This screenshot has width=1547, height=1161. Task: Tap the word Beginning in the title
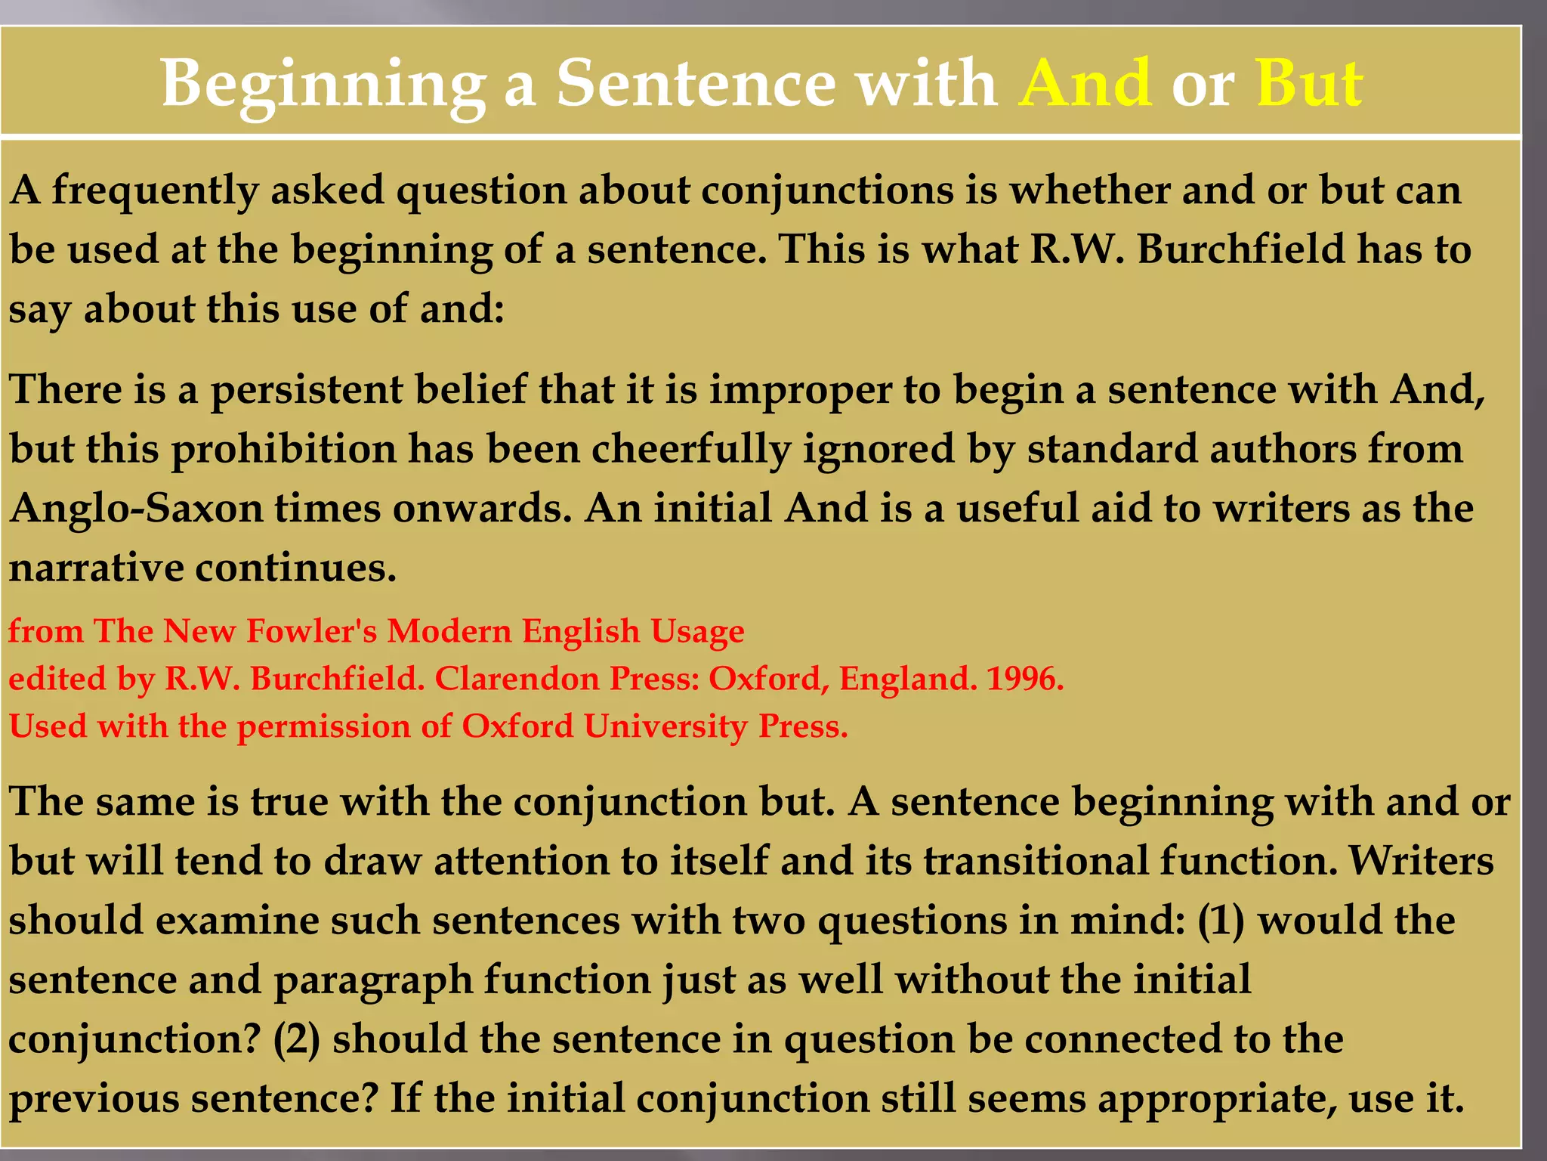point(324,85)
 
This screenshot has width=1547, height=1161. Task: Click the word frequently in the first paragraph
point(155,190)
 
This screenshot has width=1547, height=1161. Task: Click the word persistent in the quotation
point(306,390)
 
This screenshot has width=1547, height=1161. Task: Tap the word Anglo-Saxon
point(136,509)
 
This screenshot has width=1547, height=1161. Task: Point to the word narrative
point(96,568)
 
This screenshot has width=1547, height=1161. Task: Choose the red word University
point(665,727)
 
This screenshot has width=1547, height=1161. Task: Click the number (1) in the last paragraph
point(1221,921)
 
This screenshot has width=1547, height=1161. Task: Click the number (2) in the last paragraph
point(296,1040)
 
